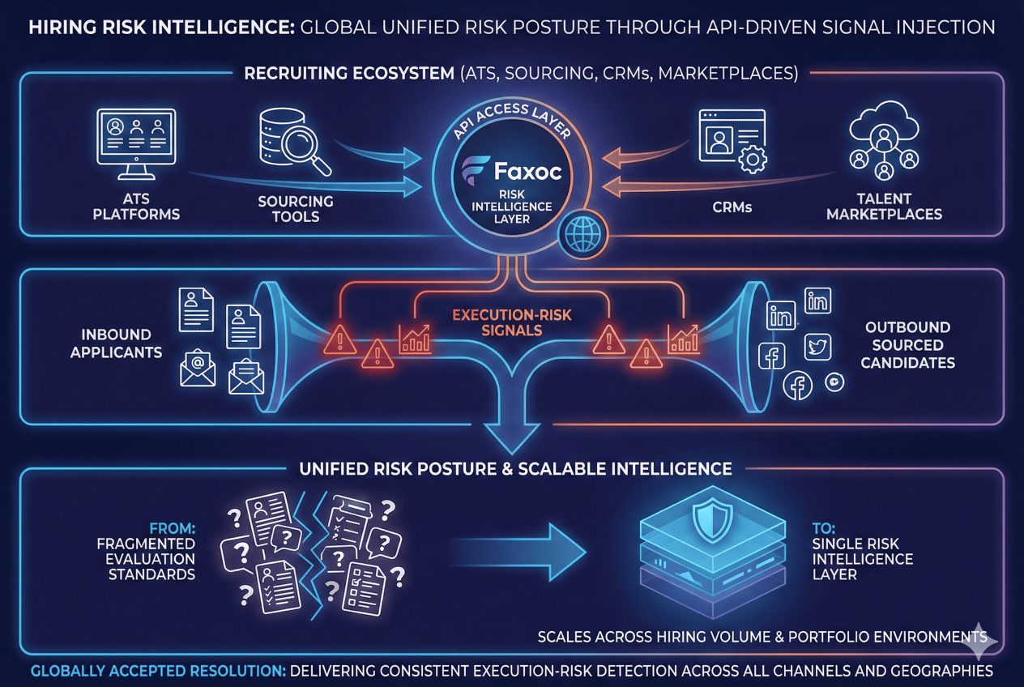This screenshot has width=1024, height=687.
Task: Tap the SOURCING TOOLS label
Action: pyautogui.click(x=295, y=209)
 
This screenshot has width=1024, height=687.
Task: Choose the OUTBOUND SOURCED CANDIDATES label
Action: pyautogui.click(x=907, y=344)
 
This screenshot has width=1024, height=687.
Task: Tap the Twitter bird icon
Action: pyautogui.click(x=817, y=347)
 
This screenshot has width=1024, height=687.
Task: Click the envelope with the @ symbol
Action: pyautogui.click(x=197, y=367)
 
